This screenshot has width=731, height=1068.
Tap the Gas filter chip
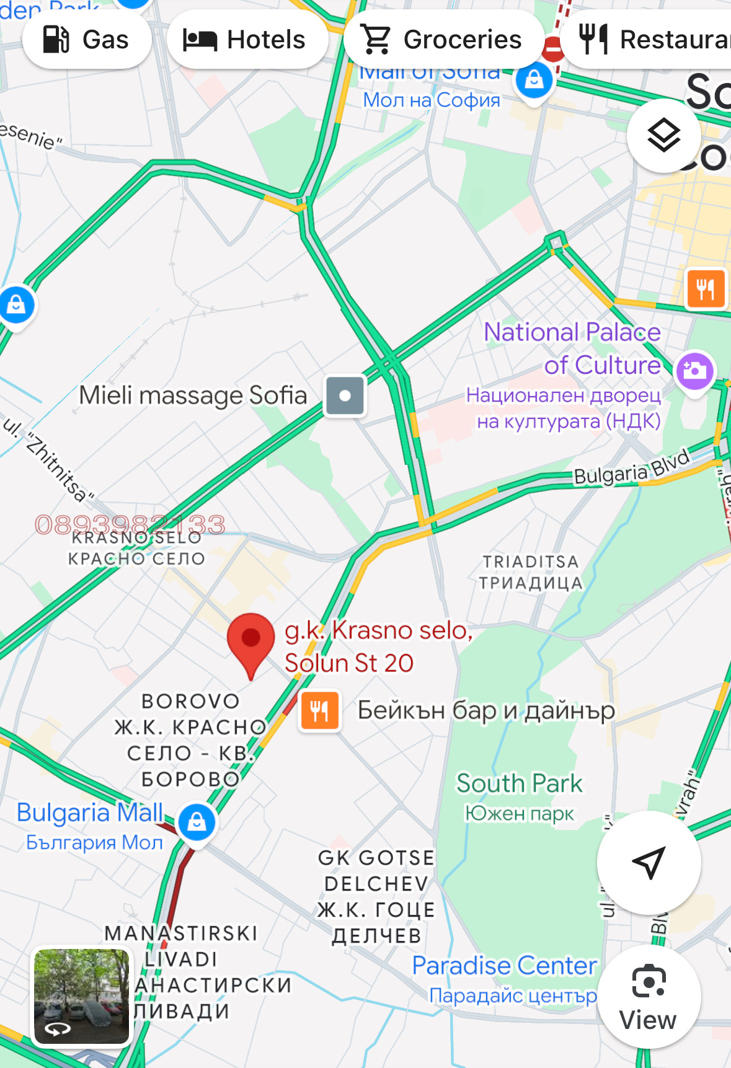click(87, 40)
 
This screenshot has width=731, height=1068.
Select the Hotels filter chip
click(247, 40)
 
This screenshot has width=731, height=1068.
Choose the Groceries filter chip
click(443, 40)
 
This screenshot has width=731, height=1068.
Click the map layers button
click(663, 136)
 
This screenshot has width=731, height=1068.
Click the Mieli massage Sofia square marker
click(345, 395)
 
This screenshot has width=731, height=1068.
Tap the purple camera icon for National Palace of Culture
click(694, 371)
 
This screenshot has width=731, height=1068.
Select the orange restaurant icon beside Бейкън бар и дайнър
click(319, 710)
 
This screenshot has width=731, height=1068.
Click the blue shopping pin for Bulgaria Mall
click(197, 822)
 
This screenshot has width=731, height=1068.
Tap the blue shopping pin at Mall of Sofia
click(534, 81)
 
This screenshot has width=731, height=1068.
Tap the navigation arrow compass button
click(649, 862)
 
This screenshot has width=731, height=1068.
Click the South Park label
click(519, 783)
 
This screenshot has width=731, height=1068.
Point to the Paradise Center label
click(505, 966)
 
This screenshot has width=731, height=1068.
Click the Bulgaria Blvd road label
click(631, 469)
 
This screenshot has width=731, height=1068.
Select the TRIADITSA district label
click(531, 562)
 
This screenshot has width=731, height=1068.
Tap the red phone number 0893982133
click(130, 524)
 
